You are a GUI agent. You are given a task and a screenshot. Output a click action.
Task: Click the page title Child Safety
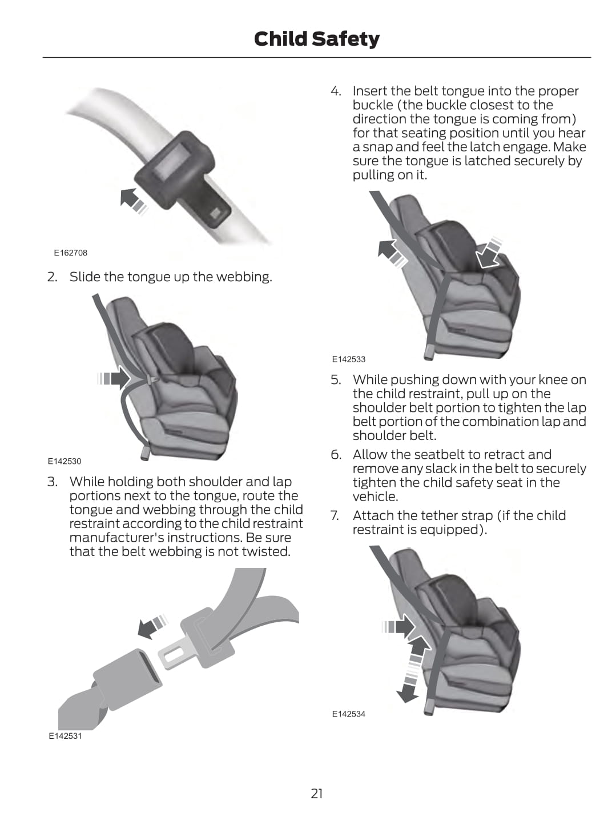(316, 39)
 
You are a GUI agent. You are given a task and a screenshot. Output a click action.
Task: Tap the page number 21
(316, 793)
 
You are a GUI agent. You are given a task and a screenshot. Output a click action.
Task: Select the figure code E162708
(71, 253)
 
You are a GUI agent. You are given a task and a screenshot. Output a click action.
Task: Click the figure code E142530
(64, 461)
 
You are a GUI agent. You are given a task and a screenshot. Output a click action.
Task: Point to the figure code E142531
(65, 736)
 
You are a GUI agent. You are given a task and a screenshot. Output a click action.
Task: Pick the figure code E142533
(349, 359)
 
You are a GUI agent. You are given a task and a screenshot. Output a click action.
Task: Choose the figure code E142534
(349, 714)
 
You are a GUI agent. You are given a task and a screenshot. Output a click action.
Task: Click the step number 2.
(52, 277)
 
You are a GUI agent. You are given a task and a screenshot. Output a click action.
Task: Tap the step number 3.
(52, 482)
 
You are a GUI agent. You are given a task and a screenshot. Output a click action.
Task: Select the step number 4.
(336, 91)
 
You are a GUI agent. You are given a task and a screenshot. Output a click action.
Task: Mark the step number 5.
(336, 379)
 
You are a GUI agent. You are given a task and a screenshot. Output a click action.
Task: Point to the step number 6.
(336, 454)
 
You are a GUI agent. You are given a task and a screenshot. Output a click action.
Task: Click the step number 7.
(335, 515)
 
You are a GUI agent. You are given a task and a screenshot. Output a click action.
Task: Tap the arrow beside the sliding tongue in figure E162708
(134, 201)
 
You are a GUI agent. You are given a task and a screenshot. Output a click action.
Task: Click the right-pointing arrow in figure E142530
(114, 378)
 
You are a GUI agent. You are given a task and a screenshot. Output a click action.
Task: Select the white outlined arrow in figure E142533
(489, 253)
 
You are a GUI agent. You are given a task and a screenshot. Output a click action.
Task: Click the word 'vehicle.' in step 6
(375, 497)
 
